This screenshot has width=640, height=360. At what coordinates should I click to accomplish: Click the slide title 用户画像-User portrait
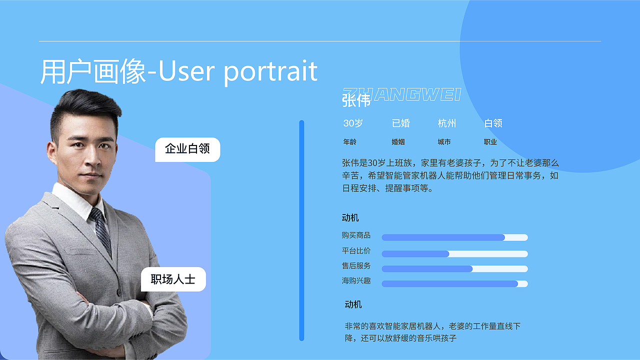[x=178, y=71]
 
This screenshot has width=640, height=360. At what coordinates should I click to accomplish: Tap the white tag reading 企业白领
[x=187, y=149]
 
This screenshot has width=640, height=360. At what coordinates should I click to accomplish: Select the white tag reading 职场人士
[x=173, y=279]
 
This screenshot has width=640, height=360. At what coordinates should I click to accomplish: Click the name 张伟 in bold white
[x=356, y=100]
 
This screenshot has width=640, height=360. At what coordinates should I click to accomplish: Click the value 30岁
[x=353, y=123]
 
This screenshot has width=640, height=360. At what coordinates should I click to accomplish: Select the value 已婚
[x=400, y=123]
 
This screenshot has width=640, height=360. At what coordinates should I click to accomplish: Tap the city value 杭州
[x=446, y=123]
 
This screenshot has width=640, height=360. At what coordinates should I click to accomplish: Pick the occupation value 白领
[x=493, y=123]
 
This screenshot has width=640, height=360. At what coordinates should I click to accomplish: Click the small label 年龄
[x=349, y=142]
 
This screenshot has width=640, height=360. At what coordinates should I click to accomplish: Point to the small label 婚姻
[x=398, y=142]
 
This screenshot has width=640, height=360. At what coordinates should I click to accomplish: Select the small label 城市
[x=444, y=142]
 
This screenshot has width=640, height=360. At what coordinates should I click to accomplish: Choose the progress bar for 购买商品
[x=454, y=237]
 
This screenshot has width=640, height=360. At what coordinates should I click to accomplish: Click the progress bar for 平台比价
[x=454, y=254]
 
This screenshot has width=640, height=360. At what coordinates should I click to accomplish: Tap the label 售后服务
[x=356, y=266]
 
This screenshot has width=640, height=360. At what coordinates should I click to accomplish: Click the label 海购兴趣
[x=356, y=281]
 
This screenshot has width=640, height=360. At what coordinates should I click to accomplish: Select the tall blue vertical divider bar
[x=301, y=230]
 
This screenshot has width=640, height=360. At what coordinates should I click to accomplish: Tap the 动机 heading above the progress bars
[x=350, y=218]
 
